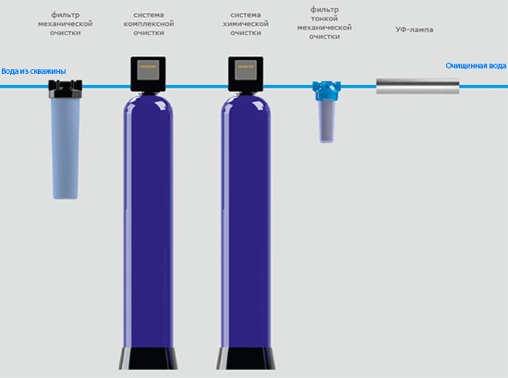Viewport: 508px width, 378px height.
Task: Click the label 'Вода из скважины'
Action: (x=33, y=71)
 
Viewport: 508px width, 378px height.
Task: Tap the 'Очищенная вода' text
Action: (x=476, y=66)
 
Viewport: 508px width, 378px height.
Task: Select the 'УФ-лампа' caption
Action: (x=415, y=30)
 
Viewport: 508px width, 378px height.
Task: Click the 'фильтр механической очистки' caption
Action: (x=66, y=24)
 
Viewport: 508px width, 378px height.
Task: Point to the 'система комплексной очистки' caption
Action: (x=149, y=24)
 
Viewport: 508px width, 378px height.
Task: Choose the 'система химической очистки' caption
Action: (x=246, y=24)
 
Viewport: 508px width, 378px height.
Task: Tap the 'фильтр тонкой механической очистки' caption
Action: (x=324, y=23)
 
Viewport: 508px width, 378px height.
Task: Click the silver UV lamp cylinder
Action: (x=417, y=86)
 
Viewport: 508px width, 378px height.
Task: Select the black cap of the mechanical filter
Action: (x=66, y=89)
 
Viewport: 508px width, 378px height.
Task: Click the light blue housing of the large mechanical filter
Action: (x=66, y=148)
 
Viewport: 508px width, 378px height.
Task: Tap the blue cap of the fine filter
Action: (x=327, y=91)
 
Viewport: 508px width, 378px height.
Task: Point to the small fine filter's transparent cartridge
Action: (x=327, y=122)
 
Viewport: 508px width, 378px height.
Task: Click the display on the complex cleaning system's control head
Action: (x=148, y=69)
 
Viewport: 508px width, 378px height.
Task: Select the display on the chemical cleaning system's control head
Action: (x=246, y=69)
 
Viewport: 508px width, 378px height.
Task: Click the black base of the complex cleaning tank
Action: (x=148, y=359)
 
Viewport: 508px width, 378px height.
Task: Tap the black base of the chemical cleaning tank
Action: (x=246, y=359)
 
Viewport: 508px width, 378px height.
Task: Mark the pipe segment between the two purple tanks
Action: (x=197, y=87)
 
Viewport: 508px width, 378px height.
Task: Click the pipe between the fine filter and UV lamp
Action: (x=358, y=87)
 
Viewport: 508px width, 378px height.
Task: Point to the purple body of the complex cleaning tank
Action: (x=148, y=221)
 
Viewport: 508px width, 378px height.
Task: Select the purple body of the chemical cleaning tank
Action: (x=246, y=221)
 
